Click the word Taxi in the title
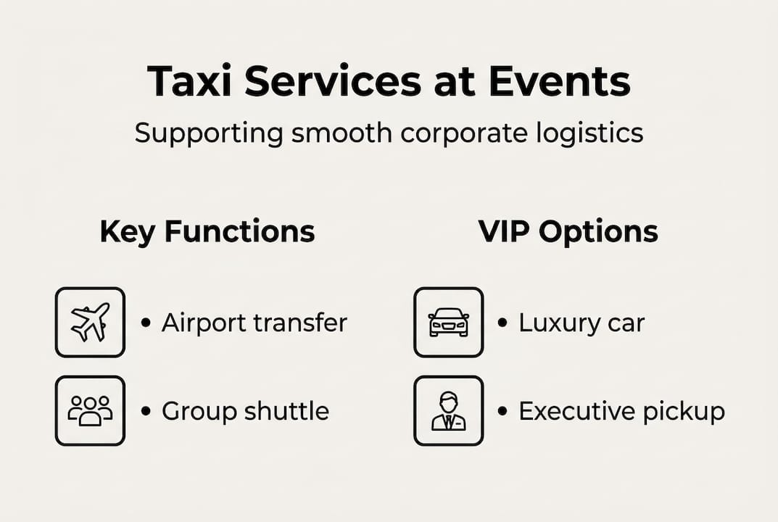tap(189, 81)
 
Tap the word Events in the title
tap(559, 81)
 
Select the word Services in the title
tap(333, 81)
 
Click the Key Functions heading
tap(207, 232)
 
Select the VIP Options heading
tap(568, 232)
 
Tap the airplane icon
tap(90, 322)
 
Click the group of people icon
tap(90, 410)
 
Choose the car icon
tap(448, 322)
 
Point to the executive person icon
tap(448, 410)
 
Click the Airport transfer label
tap(254, 323)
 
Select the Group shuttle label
tap(245, 411)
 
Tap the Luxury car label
tap(582, 323)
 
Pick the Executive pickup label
tap(621, 412)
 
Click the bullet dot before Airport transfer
tap(146, 323)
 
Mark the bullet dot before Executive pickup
tap(502, 412)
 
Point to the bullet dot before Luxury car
tap(502, 323)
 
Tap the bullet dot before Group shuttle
tap(146, 412)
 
